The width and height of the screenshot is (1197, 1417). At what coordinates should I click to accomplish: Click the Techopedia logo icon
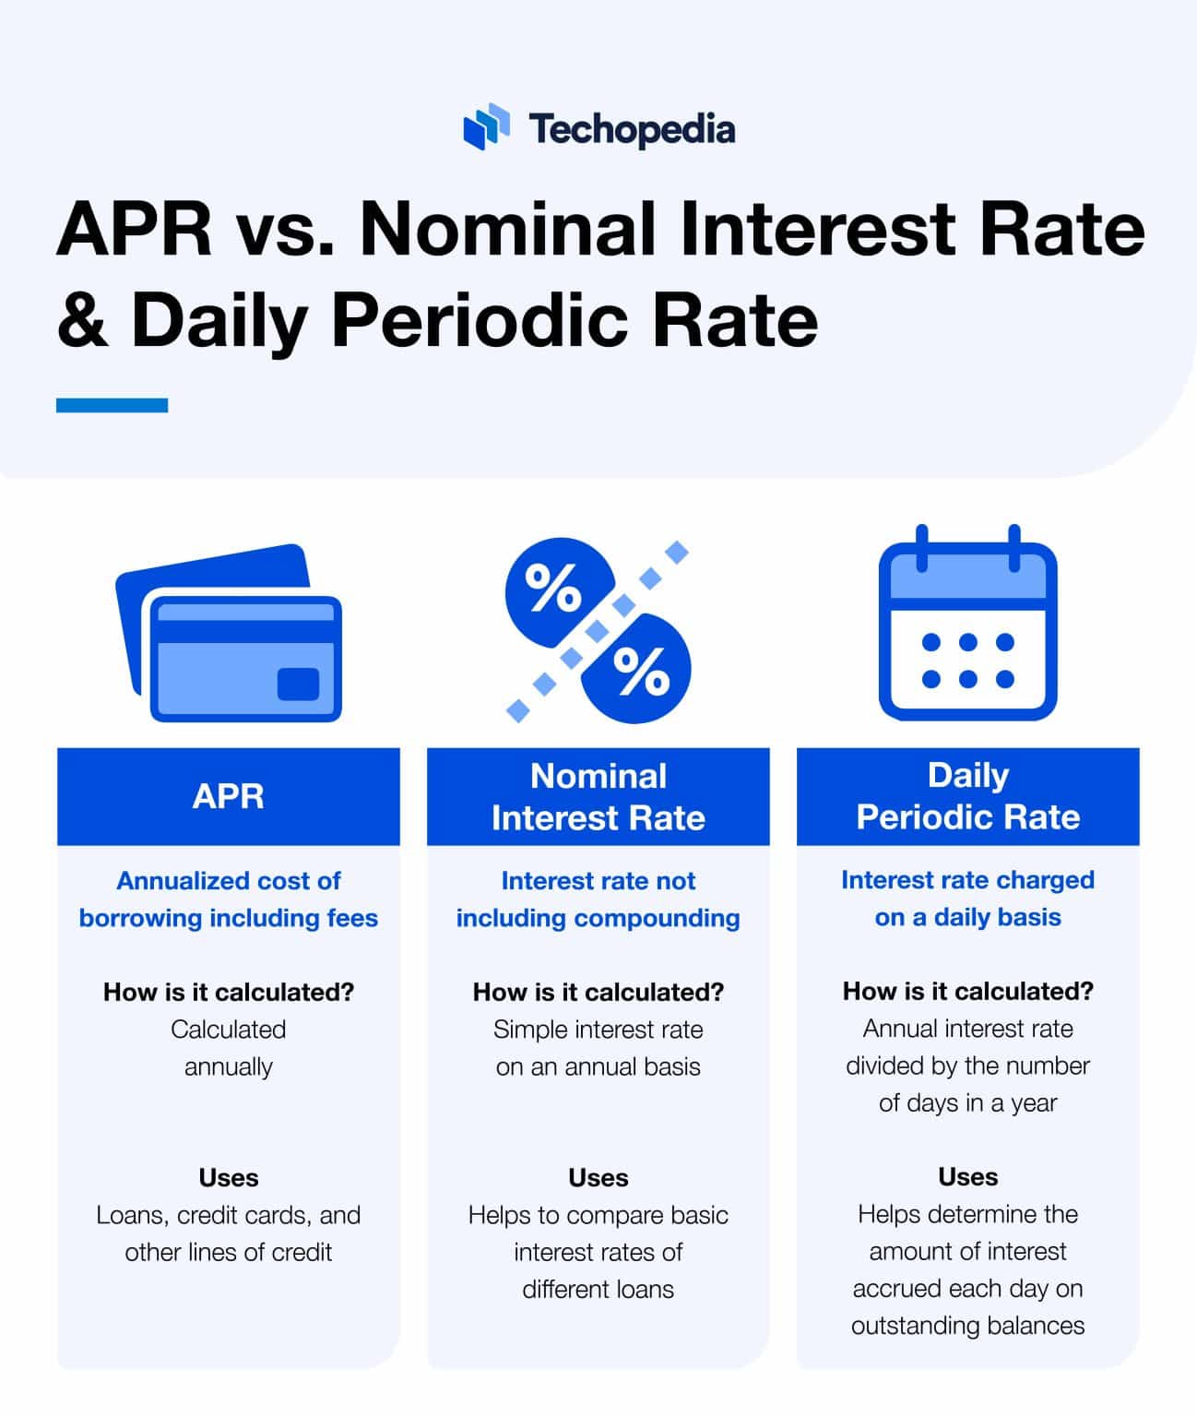486,126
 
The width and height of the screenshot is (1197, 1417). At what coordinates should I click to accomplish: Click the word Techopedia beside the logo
632,129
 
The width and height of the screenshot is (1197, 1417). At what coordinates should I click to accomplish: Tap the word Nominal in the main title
507,230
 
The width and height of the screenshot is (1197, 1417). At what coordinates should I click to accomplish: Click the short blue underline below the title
112,405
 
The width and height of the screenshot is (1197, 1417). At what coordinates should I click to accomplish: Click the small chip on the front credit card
298,684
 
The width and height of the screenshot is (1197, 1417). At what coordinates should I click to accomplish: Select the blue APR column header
229,796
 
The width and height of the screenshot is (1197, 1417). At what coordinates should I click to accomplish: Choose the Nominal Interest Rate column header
598,796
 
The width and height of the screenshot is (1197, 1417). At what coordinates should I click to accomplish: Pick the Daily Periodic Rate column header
967,796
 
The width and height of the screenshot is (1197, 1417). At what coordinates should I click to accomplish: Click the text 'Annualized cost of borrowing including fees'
229,899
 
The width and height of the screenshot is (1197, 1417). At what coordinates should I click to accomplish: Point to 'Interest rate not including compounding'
598,899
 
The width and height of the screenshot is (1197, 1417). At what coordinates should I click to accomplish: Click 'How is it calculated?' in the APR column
229,992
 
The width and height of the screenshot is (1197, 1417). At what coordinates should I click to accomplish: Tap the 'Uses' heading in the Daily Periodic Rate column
967,1177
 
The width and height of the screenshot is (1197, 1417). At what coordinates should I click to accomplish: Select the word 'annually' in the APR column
229,1067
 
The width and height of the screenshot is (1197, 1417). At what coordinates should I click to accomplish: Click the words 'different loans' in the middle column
598,1289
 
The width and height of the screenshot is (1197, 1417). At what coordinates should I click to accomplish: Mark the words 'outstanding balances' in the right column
967,1326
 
